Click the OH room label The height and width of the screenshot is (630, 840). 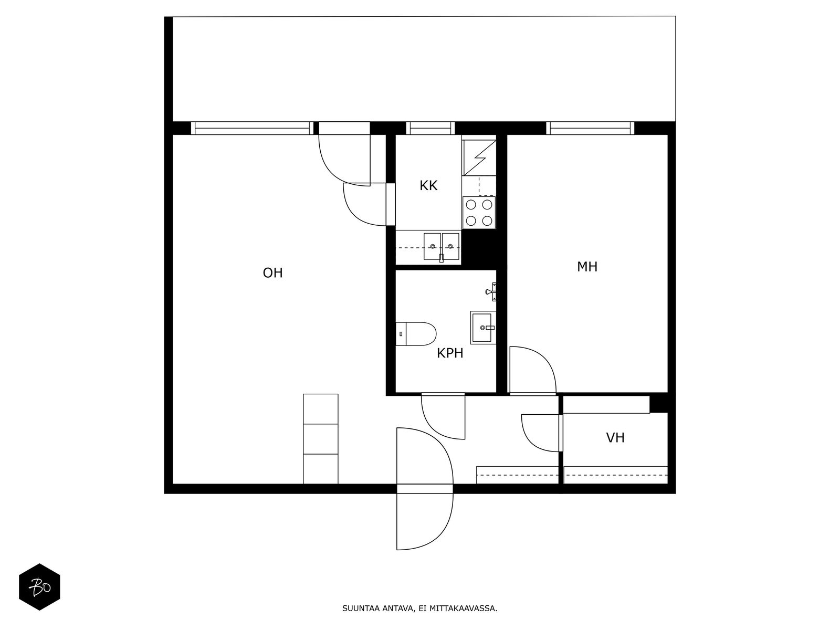272,272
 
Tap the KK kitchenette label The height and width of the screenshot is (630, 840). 428,185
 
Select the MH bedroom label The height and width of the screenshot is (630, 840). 587,267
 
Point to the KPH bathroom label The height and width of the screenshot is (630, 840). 450,353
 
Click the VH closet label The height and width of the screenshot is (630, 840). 615,438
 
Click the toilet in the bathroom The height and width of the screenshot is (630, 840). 416,333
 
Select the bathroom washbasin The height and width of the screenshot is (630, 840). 483,328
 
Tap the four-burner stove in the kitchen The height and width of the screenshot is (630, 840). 479,213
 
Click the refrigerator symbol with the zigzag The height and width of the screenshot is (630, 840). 479,157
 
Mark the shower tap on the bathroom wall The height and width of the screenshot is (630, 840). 491,292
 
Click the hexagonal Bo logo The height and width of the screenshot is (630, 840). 39,586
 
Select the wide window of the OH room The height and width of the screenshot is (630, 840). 252,128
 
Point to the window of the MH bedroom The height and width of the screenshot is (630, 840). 590,128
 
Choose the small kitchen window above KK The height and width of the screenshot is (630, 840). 430,128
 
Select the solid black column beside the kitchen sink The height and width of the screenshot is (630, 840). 479,247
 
